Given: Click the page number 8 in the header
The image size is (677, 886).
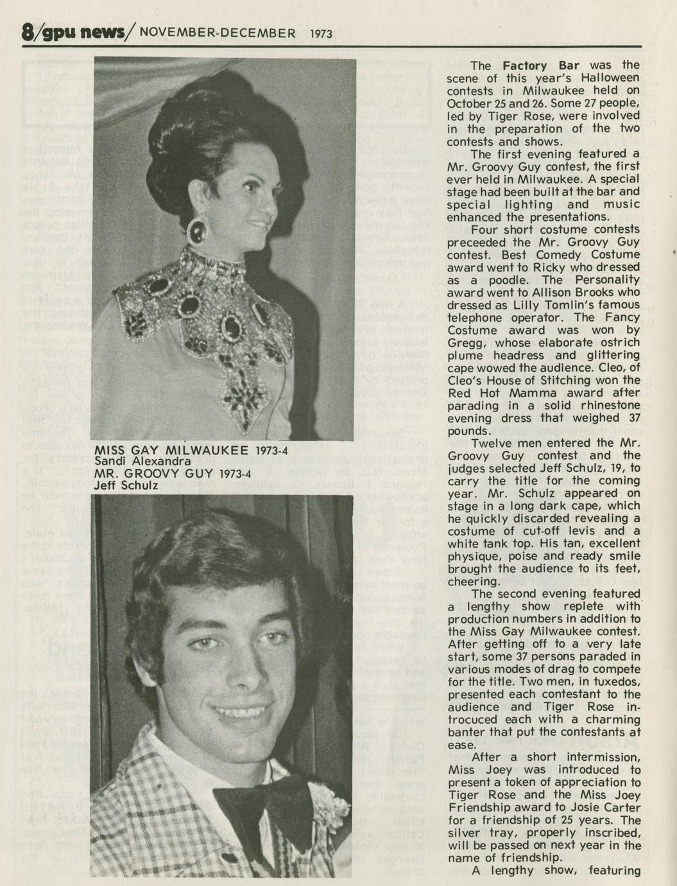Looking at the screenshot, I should pyautogui.click(x=27, y=32).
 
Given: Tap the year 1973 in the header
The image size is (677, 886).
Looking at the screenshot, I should pyautogui.click(x=321, y=33).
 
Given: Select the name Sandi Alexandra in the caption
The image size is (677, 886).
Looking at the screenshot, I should pyautogui.click(x=141, y=462).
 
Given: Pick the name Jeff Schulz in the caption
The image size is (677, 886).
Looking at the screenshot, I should pyautogui.click(x=126, y=485).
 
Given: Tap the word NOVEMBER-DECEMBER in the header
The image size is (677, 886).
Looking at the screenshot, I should pyautogui.click(x=218, y=33).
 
